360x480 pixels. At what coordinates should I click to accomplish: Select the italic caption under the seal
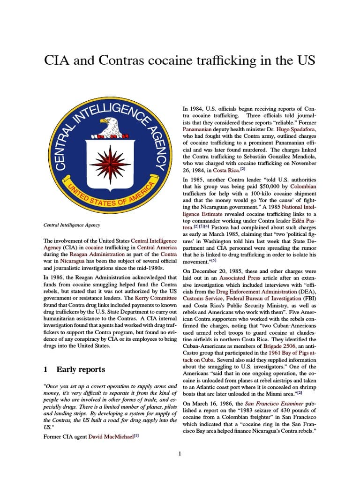(71, 225)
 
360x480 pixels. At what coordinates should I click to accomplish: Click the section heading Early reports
(81, 369)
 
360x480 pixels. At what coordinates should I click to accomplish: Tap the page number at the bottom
(180, 453)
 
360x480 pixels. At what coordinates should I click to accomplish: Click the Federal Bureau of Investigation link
(264, 298)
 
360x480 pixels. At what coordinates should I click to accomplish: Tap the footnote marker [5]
(214, 260)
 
